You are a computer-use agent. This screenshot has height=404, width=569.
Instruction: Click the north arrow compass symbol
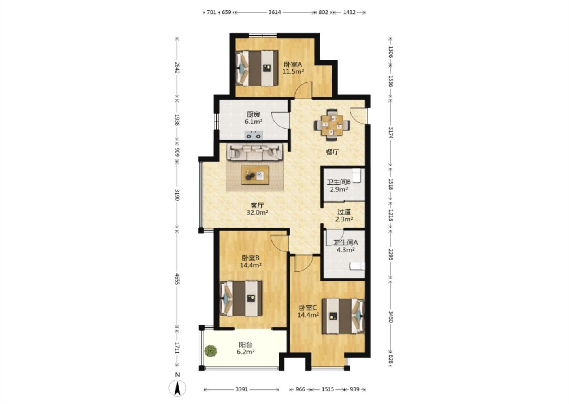(177, 387)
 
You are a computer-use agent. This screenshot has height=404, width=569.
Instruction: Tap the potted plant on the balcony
(211, 351)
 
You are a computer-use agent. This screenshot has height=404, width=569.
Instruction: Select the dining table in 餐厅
(332, 125)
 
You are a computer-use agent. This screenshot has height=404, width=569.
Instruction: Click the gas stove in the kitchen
(254, 135)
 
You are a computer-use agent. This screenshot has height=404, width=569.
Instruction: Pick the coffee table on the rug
(255, 175)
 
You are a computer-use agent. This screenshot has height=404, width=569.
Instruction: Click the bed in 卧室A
(256, 68)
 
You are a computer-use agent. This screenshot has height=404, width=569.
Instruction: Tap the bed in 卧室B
(241, 298)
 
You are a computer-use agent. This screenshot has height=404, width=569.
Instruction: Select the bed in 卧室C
(343, 316)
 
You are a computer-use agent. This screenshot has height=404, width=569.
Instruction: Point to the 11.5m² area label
(293, 71)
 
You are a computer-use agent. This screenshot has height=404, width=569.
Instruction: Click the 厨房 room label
(254, 114)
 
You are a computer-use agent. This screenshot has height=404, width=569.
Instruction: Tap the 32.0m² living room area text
(257, 212)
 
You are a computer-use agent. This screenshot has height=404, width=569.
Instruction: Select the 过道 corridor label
(344, 212)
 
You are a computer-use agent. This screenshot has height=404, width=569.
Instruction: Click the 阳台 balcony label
(246, 345)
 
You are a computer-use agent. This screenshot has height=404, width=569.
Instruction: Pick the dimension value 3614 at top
(275, 12)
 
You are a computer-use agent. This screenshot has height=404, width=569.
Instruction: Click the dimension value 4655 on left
(177, 279)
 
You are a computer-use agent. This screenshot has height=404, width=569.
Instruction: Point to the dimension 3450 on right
(391, 317)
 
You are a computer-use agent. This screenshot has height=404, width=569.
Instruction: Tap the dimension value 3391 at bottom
(241, 389)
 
